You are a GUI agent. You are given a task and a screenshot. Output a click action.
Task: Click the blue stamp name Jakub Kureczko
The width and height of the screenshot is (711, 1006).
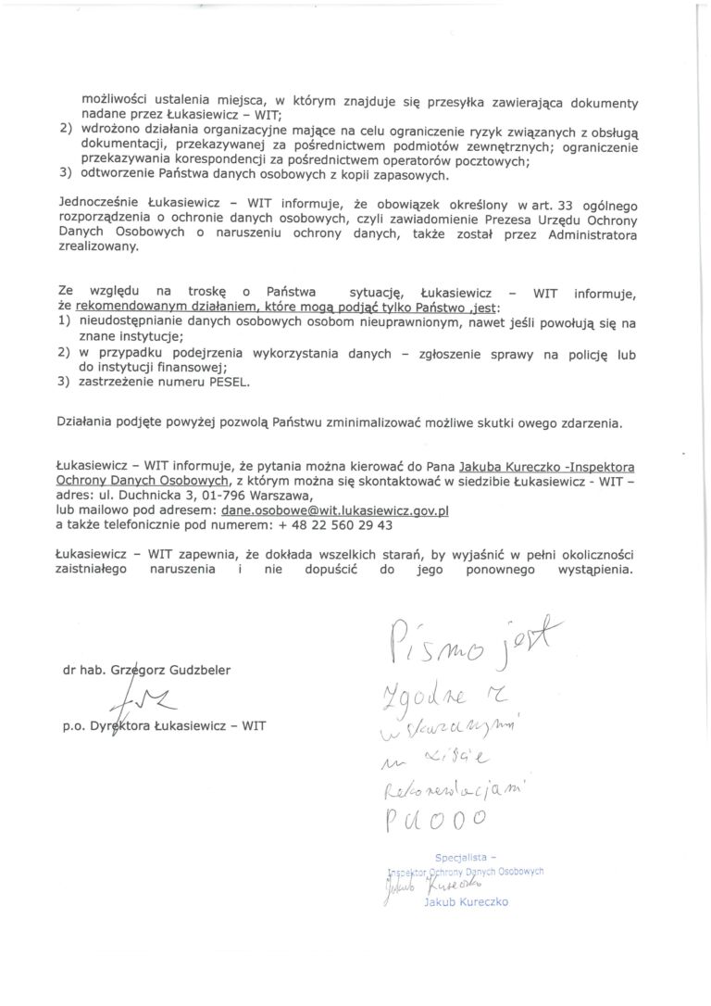coord(466,901)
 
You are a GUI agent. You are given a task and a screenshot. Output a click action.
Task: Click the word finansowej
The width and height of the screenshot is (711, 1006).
coord(183,367)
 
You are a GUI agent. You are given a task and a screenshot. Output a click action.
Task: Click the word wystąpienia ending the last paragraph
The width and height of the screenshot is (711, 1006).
coord(589,571)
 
